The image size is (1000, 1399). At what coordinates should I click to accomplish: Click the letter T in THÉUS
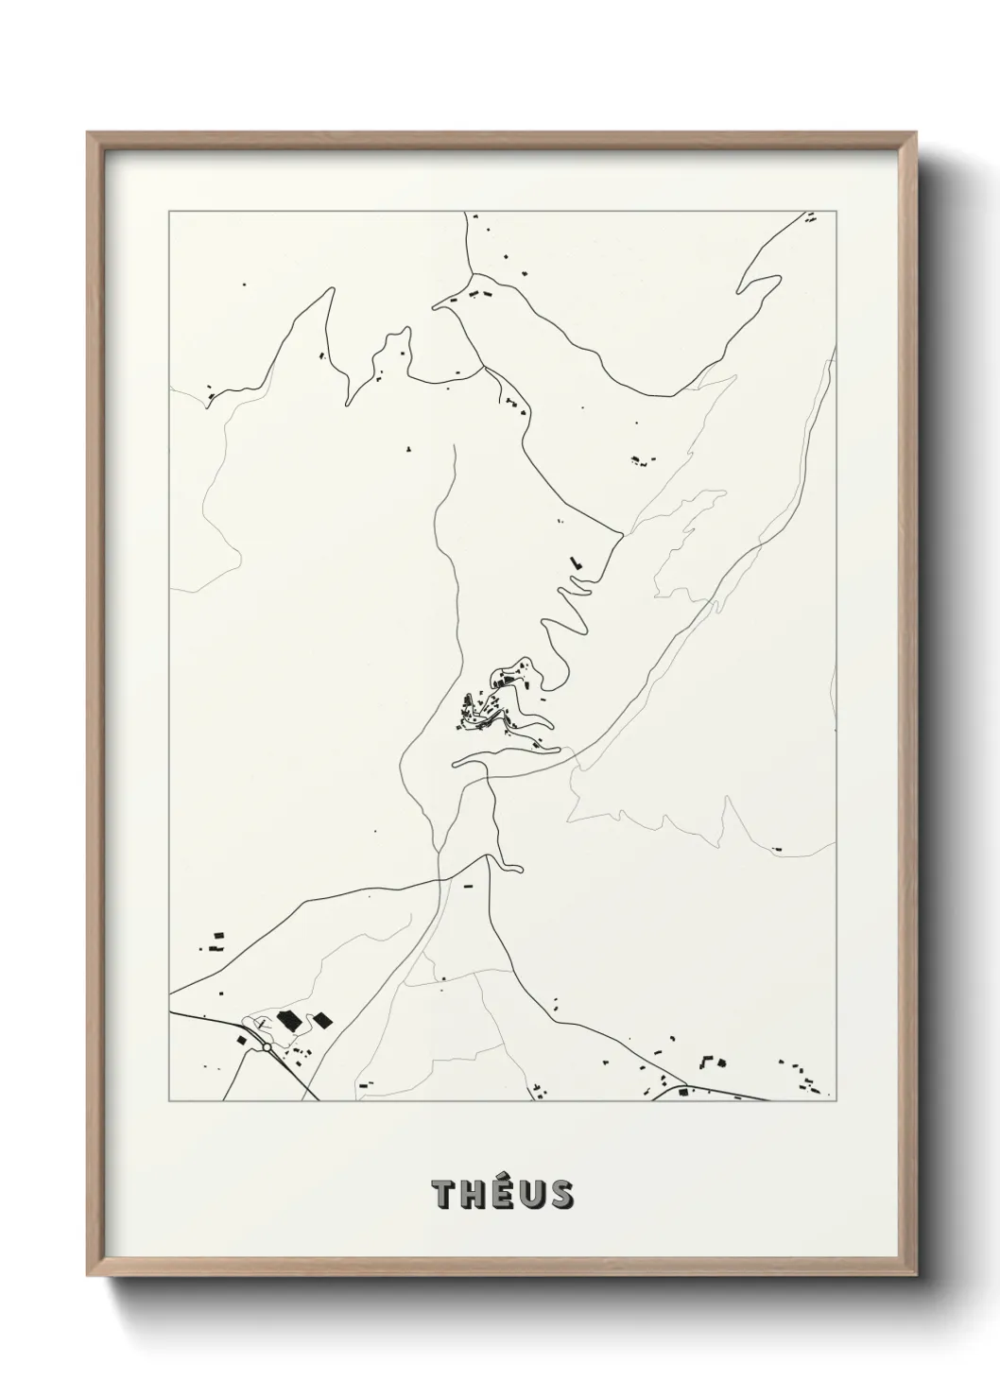point(443,1196)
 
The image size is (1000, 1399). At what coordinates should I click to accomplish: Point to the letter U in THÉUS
point(533,1196)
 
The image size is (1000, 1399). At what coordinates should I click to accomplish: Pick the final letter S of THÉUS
point(561,1196)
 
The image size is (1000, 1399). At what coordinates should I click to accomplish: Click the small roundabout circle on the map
point(267,1047)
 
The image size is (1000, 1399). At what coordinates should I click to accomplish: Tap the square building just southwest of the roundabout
point(242,1040)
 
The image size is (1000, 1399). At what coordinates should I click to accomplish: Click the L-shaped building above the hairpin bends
point(575,563)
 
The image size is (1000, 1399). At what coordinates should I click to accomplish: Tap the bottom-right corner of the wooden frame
point(916,1274)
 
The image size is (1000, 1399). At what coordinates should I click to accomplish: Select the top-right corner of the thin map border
point(839,213)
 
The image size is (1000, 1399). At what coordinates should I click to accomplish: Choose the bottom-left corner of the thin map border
point(169,1101)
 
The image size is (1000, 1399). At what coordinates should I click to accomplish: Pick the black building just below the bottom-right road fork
point(684,1094)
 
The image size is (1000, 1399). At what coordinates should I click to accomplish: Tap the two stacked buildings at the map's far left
point(218,940)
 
